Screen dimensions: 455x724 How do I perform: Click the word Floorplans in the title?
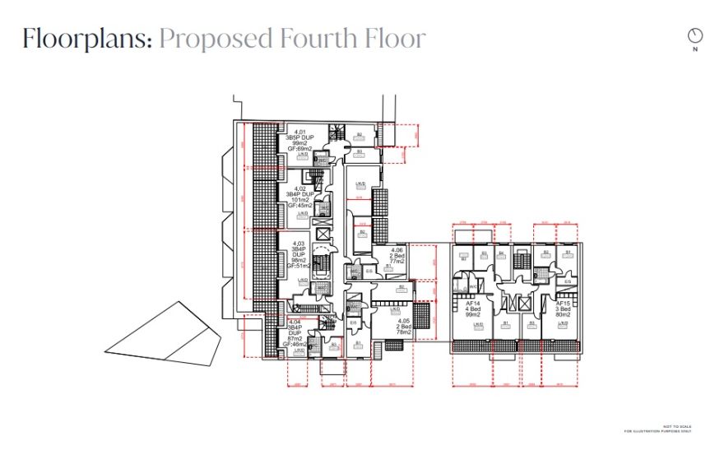86,39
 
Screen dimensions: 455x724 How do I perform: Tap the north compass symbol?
696,35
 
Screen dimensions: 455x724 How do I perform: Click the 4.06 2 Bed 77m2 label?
397,254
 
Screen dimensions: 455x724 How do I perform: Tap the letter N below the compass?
696,49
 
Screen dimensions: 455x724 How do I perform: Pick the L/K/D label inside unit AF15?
564,325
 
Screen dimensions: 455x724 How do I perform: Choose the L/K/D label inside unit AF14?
478,325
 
